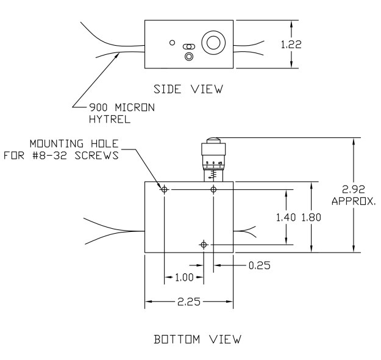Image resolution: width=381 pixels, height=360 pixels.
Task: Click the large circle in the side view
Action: pyautogui.click(x=213, y=42)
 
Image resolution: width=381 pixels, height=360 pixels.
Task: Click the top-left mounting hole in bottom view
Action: pyautogui.click(x=164, y=190)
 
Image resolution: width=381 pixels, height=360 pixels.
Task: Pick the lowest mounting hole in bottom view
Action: pyautogui.click(x=203, y=244)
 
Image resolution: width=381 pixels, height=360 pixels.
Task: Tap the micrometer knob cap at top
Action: pyautogui.click(x=213, y=142)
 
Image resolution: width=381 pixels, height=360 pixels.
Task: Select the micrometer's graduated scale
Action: pyautogui.click(x=213, y=168)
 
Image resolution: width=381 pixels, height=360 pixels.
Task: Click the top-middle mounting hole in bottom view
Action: pyautogui.click(x=213, y=190)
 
